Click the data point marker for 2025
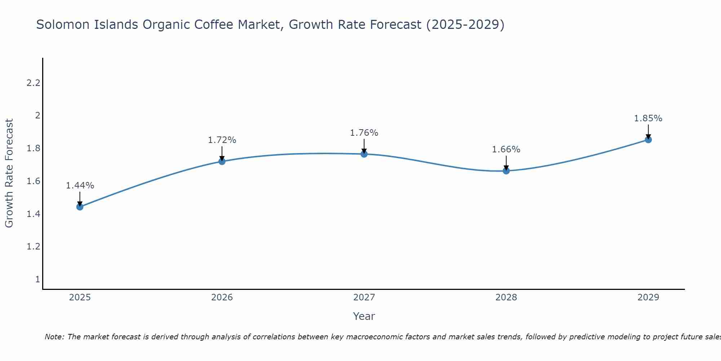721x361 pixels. coord(80,207)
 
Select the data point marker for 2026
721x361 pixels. coord(222,161)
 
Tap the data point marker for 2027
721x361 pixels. coord(364,154)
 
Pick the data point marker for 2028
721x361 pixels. coord(506,171)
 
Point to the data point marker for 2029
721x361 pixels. coord(648,140)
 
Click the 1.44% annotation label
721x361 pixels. coord(80,186)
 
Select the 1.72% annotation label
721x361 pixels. coord(222,140)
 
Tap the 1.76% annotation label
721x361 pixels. coord(364,133)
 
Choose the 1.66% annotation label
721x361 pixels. coord(506,149)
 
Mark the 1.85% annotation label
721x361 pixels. coord(648,118)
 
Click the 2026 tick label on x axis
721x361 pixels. coord(222,297)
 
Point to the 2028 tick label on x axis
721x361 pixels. coord(506,297)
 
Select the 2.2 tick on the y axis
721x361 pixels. coord(33,83)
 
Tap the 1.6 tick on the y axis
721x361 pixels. coord(33,181)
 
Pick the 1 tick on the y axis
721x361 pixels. coord(37,279)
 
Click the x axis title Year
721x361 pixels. coord(364,316)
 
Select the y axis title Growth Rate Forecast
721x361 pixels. coord(9,173)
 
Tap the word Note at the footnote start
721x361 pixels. coord(54,337)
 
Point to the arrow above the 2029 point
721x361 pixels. coord(648,131)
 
